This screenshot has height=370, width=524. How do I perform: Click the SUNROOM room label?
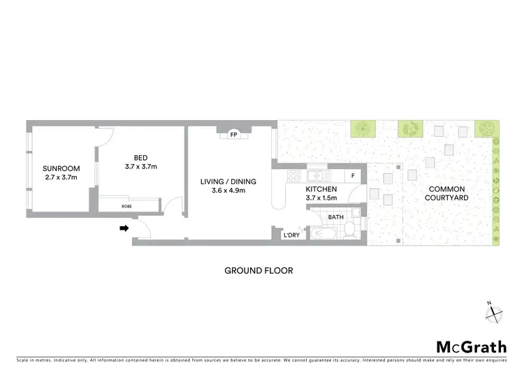(x=61, y=168)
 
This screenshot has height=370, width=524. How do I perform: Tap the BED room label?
(x=141, y=157)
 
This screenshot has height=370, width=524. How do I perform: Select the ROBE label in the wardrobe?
(x=126, y=207)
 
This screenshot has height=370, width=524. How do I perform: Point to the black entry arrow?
(x=125, y=228)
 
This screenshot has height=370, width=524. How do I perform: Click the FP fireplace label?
(x=234, y=134)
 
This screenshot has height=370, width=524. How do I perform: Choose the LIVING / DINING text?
(x=228, y=182)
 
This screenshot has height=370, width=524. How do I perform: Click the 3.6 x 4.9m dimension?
(x=228, y=191)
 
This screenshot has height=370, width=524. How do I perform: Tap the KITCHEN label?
(x=321, y=189)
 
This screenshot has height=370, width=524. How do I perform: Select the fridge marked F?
(x=354, y=176)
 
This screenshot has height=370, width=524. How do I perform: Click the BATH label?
(x=336, y=217)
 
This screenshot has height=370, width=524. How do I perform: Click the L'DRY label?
(x=291, y=236)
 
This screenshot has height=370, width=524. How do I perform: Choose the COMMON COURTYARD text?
(x=447, y=193)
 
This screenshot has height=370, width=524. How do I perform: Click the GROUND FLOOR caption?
(x=259, y=271)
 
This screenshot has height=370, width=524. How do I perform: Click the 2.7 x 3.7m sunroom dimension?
(x=61, y=177)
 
